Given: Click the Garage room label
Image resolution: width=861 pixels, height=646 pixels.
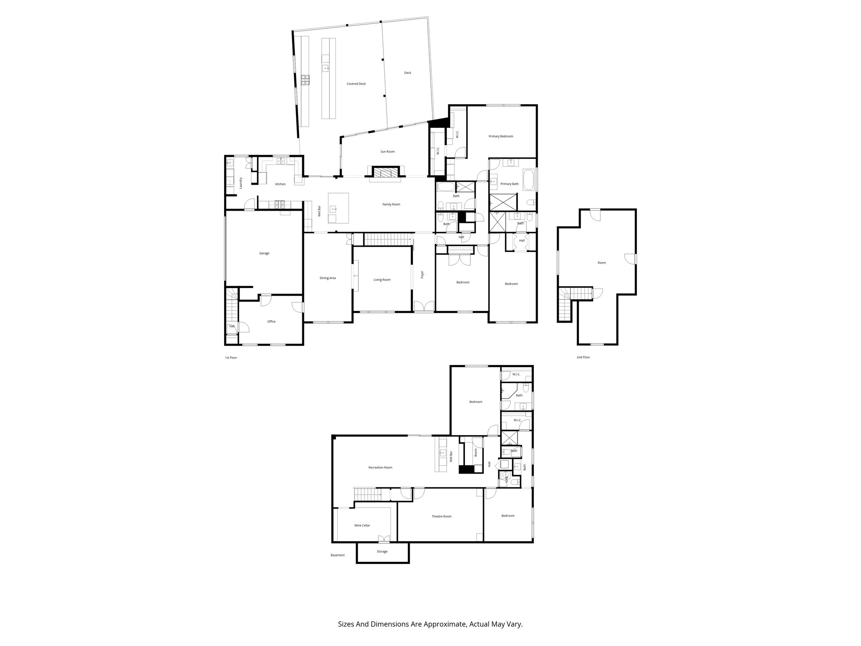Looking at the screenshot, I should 264,253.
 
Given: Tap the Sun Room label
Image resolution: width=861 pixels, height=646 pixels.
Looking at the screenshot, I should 387,151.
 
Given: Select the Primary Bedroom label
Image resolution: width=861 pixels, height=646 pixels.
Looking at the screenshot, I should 501,136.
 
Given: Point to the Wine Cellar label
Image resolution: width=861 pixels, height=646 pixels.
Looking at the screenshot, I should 362,525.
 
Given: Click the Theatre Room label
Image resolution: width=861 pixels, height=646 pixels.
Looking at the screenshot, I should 441,516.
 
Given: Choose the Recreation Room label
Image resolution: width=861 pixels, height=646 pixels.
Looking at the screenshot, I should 380,467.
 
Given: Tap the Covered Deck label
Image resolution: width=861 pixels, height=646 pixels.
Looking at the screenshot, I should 356,84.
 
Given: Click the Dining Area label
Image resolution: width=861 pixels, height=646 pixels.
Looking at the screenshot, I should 327,278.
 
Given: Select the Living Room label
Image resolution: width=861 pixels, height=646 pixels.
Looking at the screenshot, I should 382,280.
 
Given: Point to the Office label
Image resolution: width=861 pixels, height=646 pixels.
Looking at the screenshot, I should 271,322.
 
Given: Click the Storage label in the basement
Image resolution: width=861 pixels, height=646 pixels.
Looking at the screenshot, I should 382,551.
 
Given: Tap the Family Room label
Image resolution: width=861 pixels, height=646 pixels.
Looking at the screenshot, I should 391,204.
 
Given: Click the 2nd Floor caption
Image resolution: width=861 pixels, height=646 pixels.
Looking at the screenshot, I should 583,357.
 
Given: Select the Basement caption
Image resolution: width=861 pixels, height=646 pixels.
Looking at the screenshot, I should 338,555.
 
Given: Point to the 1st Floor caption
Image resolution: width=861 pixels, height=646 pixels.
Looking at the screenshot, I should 231,358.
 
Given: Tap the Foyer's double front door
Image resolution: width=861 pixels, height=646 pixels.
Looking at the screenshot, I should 423,307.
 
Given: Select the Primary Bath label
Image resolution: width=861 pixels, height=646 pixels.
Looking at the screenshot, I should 509,184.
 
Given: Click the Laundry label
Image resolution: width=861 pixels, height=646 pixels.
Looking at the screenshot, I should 241,183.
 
